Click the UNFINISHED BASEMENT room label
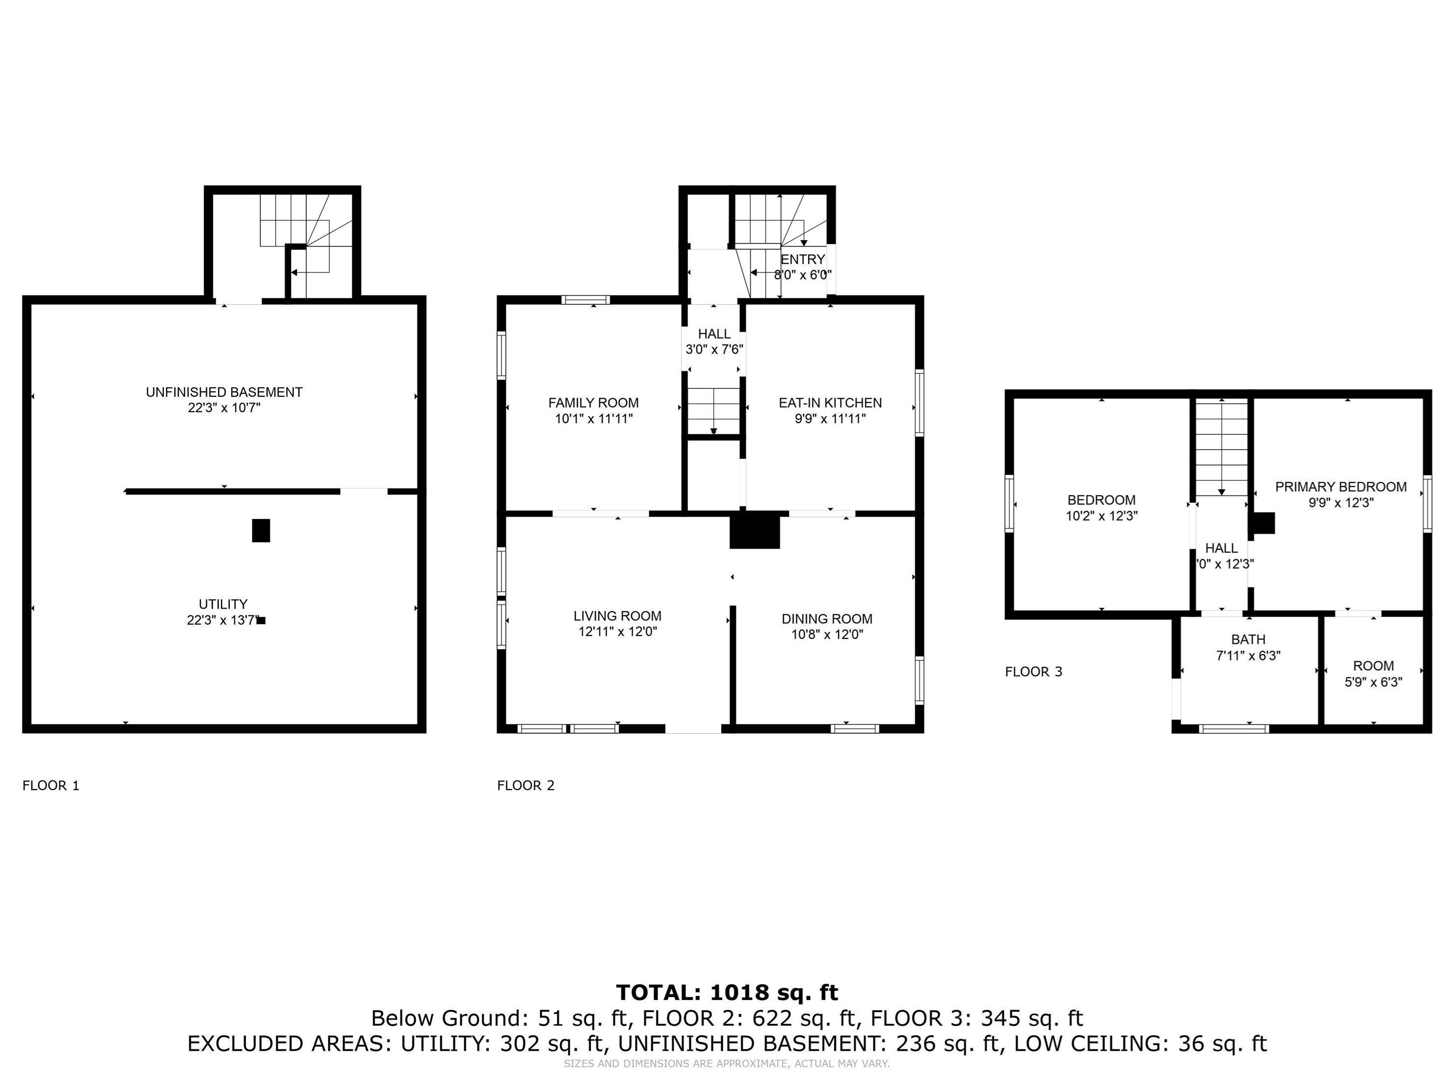click(x=224, y=392)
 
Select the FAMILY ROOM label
click(x=593, y=403)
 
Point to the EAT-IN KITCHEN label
click(x=830, y=403)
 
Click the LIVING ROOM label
click(x=617, y=616)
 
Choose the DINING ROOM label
click(x=827, y=618)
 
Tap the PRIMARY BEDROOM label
click(x=1341, y=487)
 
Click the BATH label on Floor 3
click(x=1248, y=639)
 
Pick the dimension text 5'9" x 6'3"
click(x=1373, y=682)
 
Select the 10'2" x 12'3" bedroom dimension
click(x=1102, y=516)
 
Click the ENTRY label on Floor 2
click(x=803, y=260)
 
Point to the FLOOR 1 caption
click(x=50, y=785)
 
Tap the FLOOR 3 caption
click(x=1033, y=672)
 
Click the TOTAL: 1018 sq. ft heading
click(x=727, y=993)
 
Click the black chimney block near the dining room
click(x=754, y=531)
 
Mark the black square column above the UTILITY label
click(x=261, y=530)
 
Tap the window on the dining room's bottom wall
click(x=855, y=728)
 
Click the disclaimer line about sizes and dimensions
click(x=727, y=1064)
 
